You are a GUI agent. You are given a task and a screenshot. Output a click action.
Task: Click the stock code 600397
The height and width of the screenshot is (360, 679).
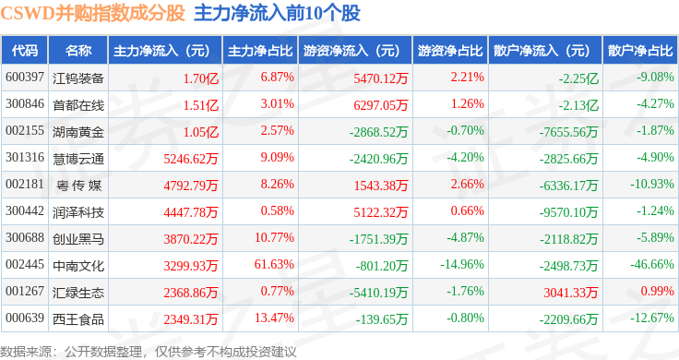click(x=25, y=78)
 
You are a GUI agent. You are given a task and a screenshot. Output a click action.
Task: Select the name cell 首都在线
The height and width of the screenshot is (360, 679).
click(x=78, y=105)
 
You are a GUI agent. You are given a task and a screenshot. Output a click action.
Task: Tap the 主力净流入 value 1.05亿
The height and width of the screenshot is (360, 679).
click(x=201, y=132)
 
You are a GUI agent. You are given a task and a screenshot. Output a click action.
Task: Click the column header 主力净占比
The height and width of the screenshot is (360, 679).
click(x=260, y=51)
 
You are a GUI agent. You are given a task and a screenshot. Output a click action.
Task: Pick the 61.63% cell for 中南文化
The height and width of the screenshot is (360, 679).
click(x=274, y=264)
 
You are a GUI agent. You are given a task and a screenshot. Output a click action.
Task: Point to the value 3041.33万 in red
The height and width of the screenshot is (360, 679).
click(x=571, y=293)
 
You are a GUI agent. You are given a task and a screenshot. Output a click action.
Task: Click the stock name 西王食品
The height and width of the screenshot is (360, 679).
click(x=78, y=319)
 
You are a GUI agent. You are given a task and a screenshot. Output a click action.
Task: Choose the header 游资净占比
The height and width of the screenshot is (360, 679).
click(x=450, y=51)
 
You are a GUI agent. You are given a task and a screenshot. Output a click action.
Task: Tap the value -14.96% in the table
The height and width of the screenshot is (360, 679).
click(x=462, y=264)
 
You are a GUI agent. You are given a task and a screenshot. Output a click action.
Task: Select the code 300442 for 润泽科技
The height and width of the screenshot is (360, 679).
click(x=25, y=211)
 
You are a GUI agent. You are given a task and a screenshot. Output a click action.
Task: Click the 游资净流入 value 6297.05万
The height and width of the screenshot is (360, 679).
click(x=381, y=105)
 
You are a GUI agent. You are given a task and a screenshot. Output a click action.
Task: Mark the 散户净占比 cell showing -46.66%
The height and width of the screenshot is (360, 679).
click(x=652, y=264)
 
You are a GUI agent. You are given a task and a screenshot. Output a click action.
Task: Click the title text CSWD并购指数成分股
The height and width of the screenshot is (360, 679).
click(x=92, y=14)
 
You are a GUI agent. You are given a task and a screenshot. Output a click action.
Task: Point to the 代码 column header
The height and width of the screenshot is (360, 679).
click(x=25, y=51)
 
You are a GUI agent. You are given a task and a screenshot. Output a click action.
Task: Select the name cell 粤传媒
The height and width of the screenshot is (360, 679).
click(x=78, y=186)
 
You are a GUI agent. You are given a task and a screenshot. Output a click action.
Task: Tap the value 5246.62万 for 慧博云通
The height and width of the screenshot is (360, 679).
click(x=191, y=159)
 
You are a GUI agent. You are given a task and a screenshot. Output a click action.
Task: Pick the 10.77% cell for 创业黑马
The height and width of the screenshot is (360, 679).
click(x=274, y=237)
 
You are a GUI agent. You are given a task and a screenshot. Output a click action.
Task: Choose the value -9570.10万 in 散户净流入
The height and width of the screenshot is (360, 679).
click(x=568, y=212)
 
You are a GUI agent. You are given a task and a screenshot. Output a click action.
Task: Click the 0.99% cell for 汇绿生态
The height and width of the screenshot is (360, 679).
click(x=658, y=291)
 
